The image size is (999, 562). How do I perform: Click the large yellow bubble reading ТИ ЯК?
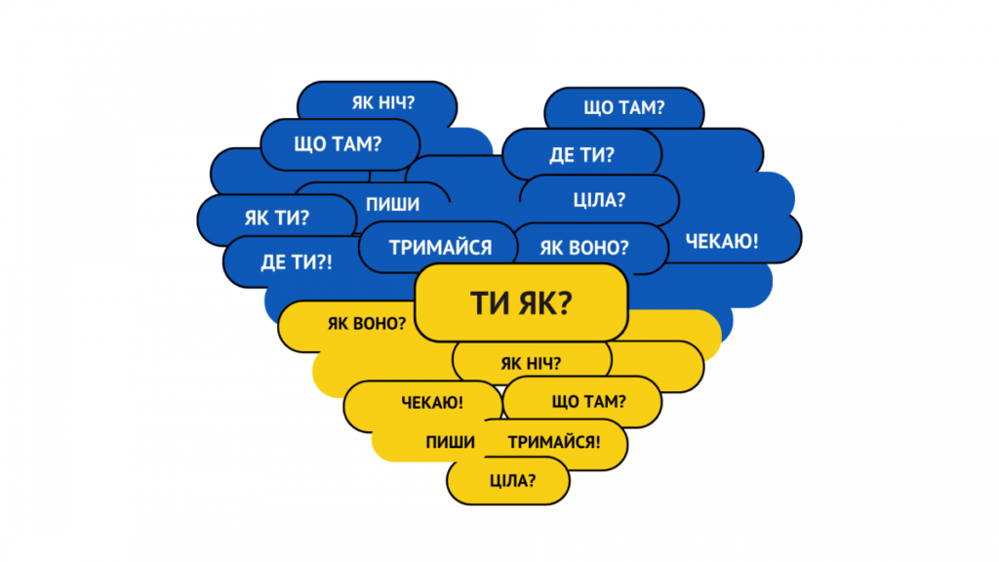(521, 302)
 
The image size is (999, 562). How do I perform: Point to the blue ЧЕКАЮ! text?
(722, 242)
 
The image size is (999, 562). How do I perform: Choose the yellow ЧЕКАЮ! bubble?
(423, 404)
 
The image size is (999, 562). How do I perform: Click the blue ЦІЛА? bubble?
(600, 200)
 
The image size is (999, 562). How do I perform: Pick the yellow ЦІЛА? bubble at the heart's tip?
(507, 481)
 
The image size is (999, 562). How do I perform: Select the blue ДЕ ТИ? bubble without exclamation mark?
(581, 153)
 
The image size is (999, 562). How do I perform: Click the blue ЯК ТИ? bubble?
(276, 219)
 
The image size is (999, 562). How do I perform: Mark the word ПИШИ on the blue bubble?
(392, 205)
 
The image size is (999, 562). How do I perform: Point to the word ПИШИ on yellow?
(451, 442)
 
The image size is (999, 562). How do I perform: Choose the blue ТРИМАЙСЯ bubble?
(438, 247)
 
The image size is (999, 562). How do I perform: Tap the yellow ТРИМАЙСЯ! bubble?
(553, 443)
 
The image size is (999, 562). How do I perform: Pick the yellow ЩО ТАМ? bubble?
(582, 401)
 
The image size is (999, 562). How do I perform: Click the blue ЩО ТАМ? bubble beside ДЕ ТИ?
(624, 107)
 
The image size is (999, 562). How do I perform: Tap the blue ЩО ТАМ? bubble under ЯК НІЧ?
(340, 144)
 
